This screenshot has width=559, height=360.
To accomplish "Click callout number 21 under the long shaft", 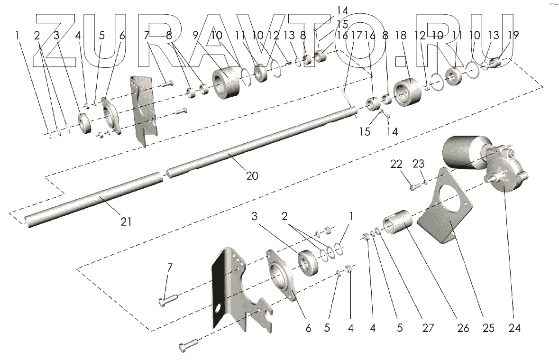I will (126, 221).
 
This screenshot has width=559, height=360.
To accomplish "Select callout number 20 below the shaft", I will (252, 175).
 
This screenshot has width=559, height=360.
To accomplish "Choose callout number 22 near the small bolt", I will (396, 164).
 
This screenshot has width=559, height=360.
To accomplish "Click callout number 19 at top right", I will (513, 35).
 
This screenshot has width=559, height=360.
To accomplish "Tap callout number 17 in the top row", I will (357, 35).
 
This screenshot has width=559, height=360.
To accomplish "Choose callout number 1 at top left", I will (18, 35).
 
